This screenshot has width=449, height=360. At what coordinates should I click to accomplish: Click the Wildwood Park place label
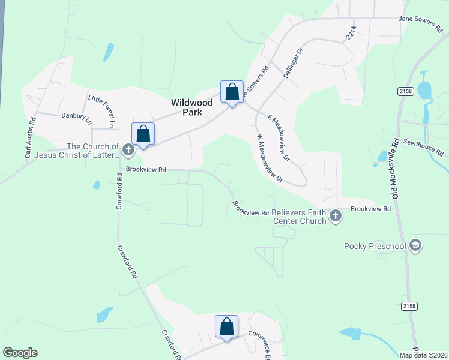tap(192, 107)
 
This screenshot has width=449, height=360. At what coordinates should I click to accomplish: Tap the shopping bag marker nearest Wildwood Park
tap(232, 93)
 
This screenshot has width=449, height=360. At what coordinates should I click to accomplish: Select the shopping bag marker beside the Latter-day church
tap(143, 134)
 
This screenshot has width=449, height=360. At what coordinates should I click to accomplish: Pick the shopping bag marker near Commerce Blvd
tap(226, 328)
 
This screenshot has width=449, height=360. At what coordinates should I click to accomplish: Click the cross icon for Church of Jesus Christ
tap(127, 149)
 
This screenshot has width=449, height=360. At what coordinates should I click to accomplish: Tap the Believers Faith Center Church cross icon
tap(336, 215)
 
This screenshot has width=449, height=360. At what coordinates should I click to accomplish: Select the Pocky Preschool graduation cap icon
tap(415, 245)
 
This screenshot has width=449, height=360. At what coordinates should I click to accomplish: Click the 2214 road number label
tap(351, 32)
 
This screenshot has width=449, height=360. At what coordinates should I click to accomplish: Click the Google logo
tap(20, 353)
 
